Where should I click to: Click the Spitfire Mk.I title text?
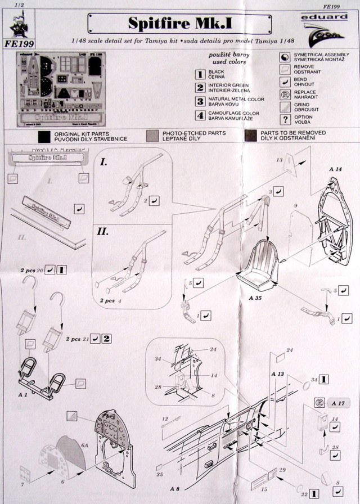click(179, 25)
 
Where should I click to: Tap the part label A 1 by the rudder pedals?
click(23, 396)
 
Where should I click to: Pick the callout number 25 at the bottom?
click(160, 475)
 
